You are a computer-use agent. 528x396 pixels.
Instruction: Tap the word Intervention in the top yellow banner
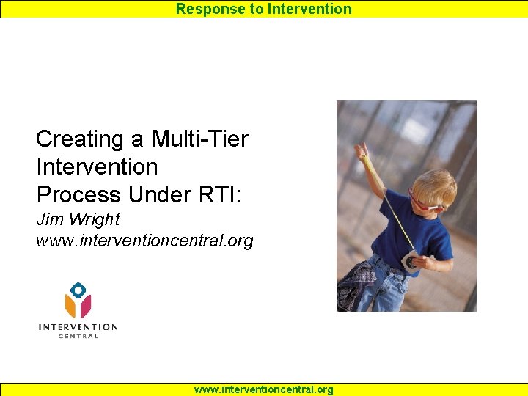[x=309, y=9]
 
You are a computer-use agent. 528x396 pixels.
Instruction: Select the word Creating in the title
[x=79, y=139]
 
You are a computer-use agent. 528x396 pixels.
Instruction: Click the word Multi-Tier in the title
[x=200, y=139]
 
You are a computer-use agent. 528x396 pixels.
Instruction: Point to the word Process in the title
[x=78, y=194]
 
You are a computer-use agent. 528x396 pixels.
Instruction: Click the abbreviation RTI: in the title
[x=220, y=194]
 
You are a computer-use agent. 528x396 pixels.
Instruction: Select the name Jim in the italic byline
[x=50, y=219]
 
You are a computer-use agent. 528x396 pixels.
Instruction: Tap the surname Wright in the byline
[x=95, y=219]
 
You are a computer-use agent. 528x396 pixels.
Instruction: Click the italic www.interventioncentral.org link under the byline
[x=144, y=241]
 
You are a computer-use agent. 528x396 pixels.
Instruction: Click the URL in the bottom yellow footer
[x=264, y=389]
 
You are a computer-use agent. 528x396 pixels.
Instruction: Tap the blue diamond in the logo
[x=78, y=290]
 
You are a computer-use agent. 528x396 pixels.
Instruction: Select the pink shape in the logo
[x=86, y=306]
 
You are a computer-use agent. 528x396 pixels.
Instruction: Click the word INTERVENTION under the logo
[x=78, y=327]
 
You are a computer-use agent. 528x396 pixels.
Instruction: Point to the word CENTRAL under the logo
[x=78, y=336]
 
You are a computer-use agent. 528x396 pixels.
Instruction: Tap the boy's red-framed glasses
[x=423, y=202]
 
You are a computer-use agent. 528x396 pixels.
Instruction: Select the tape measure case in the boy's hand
[x=410, y=262]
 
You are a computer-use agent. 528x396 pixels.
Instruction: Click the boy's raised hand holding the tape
[x=361, y=150]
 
